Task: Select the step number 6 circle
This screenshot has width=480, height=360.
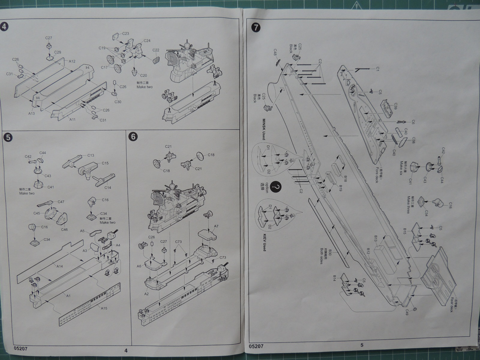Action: [x=133, y=136]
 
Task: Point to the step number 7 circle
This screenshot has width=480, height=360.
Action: [x=256, y=27]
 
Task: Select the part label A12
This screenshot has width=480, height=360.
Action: [x=72, y=61]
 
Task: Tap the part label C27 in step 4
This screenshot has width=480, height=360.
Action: [x=49, y=38]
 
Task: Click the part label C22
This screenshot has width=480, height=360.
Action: [x=156, y=50]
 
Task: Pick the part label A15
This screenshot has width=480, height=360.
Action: [x=104, y=308]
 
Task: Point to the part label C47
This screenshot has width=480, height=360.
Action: [x=61, y=202]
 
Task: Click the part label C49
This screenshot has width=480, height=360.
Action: [x=408, y=311]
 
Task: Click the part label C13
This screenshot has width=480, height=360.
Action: [x=91, y=155]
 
